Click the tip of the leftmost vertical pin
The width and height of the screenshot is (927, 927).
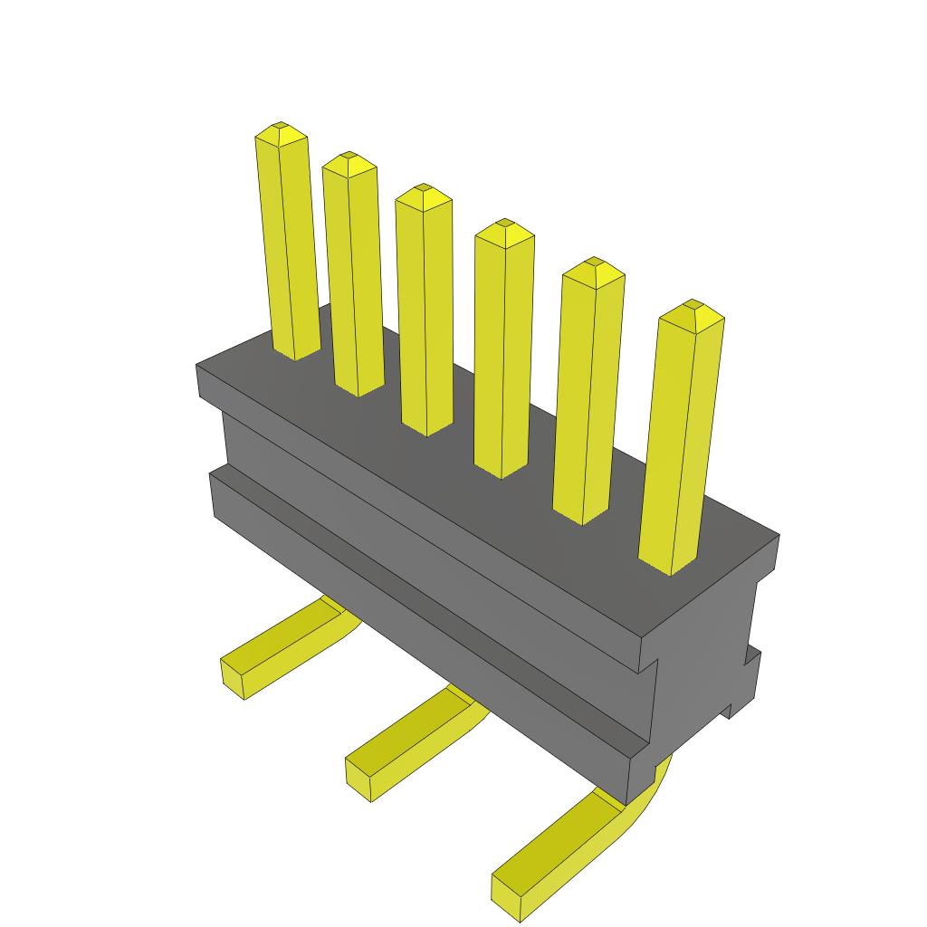tap(281, 129)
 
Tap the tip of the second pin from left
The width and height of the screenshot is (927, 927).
tap(349, 160)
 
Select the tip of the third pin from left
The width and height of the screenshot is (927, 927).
tap(423, 193)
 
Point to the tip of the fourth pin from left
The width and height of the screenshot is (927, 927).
tap(504, 227)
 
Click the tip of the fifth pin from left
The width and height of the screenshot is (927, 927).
tap(593, 265)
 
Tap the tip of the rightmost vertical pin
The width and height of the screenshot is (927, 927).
tap(692, 308)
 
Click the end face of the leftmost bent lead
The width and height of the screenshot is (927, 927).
tap(233, 678)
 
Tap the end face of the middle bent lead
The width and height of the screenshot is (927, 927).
tap(358, 780)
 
